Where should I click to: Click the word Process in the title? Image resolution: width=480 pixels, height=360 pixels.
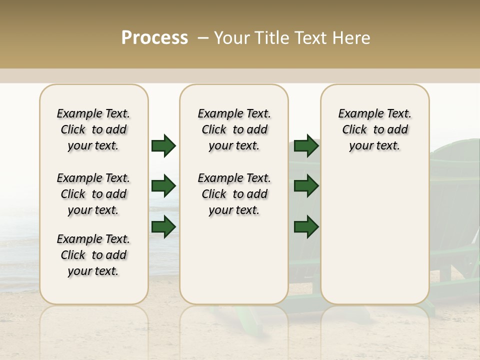[x=154, y=38]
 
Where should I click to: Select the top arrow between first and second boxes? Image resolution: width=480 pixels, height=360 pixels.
[x=163, y=145]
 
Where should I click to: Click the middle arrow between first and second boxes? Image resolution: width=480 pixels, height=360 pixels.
[x=163, y=186]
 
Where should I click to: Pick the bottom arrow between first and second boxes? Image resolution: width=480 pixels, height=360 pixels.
[x=163, y=227]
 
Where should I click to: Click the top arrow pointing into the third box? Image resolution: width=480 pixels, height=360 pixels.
[x=306, y=145]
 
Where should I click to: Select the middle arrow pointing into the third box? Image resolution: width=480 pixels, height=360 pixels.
[x=306, y=186]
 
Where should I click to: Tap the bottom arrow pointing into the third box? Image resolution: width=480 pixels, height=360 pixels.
[x=306, y=227]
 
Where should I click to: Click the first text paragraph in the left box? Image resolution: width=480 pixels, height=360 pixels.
[x=93, y=129]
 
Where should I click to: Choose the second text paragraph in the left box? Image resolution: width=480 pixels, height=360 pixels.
[x=93, y=194]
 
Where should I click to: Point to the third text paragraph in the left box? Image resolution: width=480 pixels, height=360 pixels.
[x=93, y=255]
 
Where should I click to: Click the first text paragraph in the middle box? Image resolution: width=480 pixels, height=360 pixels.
[x=234, y=129]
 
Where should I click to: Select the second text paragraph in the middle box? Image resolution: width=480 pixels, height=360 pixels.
[x=234, y=194]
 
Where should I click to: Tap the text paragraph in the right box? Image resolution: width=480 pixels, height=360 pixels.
[x=375, y=129]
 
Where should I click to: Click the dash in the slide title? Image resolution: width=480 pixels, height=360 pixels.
[x=203, y=38]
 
